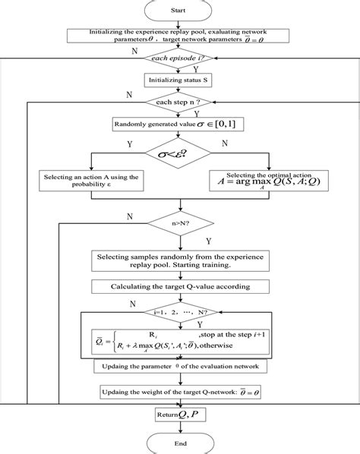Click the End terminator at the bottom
(x=180, y=443)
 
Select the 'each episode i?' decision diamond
(x=180, y=58)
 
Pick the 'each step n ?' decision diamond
(x=180, y=102)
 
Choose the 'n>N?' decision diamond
(x=180, y=223)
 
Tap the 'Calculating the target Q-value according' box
(x=179, y=288)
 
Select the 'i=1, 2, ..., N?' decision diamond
(x=179, y=311)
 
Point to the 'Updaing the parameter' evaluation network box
(x=179, y=367)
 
